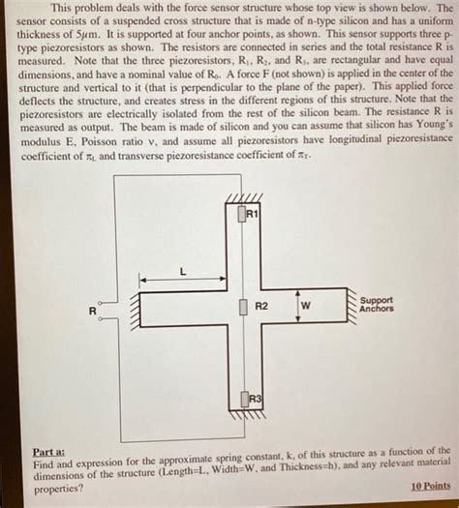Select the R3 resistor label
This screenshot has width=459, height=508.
coord(254,399)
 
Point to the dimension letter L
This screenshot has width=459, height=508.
coord(183,272)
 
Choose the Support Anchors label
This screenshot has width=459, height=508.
coord(377,305)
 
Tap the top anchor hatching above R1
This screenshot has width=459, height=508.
coord(236,201)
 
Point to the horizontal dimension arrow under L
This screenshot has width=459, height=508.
coord(184,284)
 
